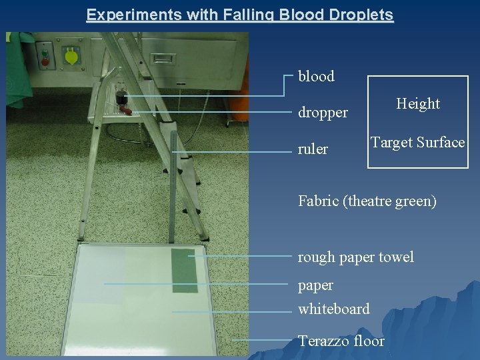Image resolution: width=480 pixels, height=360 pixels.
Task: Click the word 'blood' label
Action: point(316,77)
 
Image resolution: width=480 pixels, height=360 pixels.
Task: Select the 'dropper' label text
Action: point(323,113)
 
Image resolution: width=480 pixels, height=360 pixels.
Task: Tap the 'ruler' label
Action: point(313,149)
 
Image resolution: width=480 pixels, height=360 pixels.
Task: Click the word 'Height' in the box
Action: point(418,104)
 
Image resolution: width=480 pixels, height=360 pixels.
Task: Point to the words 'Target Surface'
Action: point(418,143)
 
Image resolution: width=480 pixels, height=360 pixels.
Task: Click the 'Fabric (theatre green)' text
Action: point(367,201)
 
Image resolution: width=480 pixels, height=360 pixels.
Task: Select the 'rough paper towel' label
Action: point(355,257)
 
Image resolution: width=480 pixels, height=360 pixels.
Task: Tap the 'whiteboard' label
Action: point(333,309)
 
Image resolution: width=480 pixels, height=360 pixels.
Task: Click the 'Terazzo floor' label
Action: point(341,341)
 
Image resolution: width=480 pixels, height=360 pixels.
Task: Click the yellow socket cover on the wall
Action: point(71,56)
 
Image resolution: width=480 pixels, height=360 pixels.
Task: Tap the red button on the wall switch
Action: point(45,62)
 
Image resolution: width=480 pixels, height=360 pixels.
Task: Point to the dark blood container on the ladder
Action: point(121,97)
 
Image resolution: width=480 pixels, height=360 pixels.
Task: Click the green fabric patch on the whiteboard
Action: point(185,270)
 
